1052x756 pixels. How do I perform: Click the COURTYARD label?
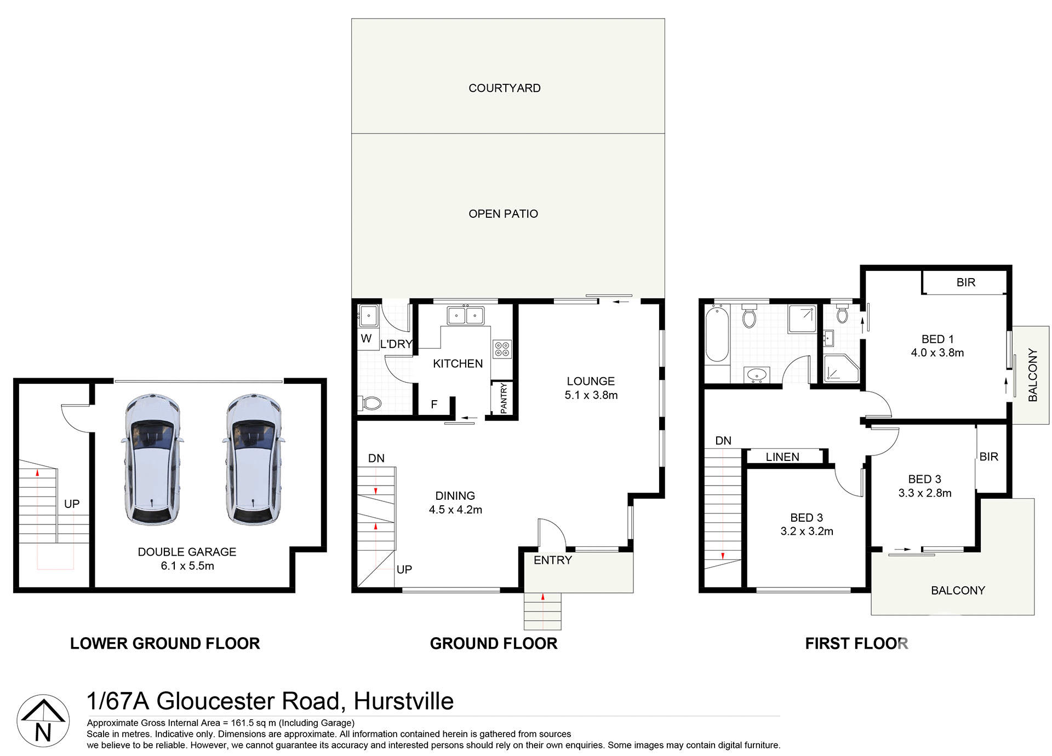pyautogui.click(x=504, y=88)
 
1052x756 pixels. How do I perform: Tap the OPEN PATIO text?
pyautogui.click(x=503, y=214)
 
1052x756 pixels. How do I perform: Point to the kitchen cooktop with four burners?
pyautogui.click(x=502, y=349)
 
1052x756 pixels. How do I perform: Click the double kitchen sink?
pyautogui.click(x=465, y=316)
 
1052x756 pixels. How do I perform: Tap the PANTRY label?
pyautogui.click(x=504, y=398)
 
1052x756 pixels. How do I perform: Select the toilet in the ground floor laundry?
pyautogui.click(x=371, y=404)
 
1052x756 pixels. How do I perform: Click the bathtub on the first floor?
pyautogui.click(x=716, y=334)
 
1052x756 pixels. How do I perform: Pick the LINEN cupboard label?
pyautogui.click(x=782, y=457)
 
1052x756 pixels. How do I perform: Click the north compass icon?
pyautogui.click(x=43, y=721)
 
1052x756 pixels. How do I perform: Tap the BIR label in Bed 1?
pyautogui.click(x=965, y=282)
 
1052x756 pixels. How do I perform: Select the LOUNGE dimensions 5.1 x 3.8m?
pyautogui.click(x=591, y=395)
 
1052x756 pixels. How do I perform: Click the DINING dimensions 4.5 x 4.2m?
pyautogui.click(x=455, y=510)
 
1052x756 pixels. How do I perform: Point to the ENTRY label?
pyautogui.click(x=552, y=560)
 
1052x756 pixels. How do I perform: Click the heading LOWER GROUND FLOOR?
pyautogui.click(x=165, y=643)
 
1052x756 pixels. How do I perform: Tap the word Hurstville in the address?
pyautogui.click(x=403, y=701)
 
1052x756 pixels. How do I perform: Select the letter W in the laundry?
pyautogui.click(x=366, y=338)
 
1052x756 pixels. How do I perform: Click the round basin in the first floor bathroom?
pyautogui.click(x=757, y=375)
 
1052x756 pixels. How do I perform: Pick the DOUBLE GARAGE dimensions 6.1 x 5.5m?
pyautogui.click(x=187, y=566)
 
